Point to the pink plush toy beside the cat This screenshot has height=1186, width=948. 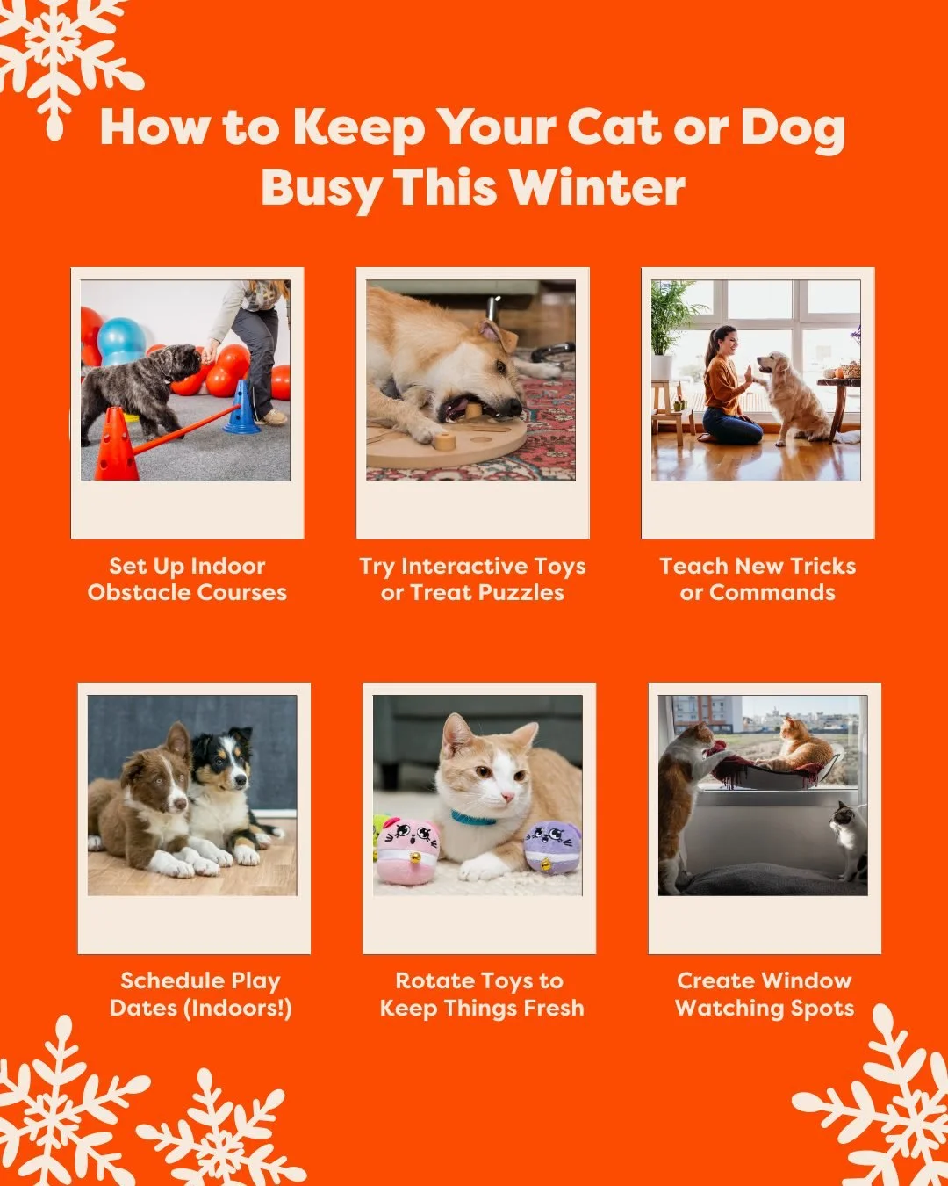pyautogui.click(x=407, y=850)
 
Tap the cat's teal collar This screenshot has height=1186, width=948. pyautogui.click(x=473, y=818)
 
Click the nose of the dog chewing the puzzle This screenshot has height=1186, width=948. pyautogui.click(x=514, y=409)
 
